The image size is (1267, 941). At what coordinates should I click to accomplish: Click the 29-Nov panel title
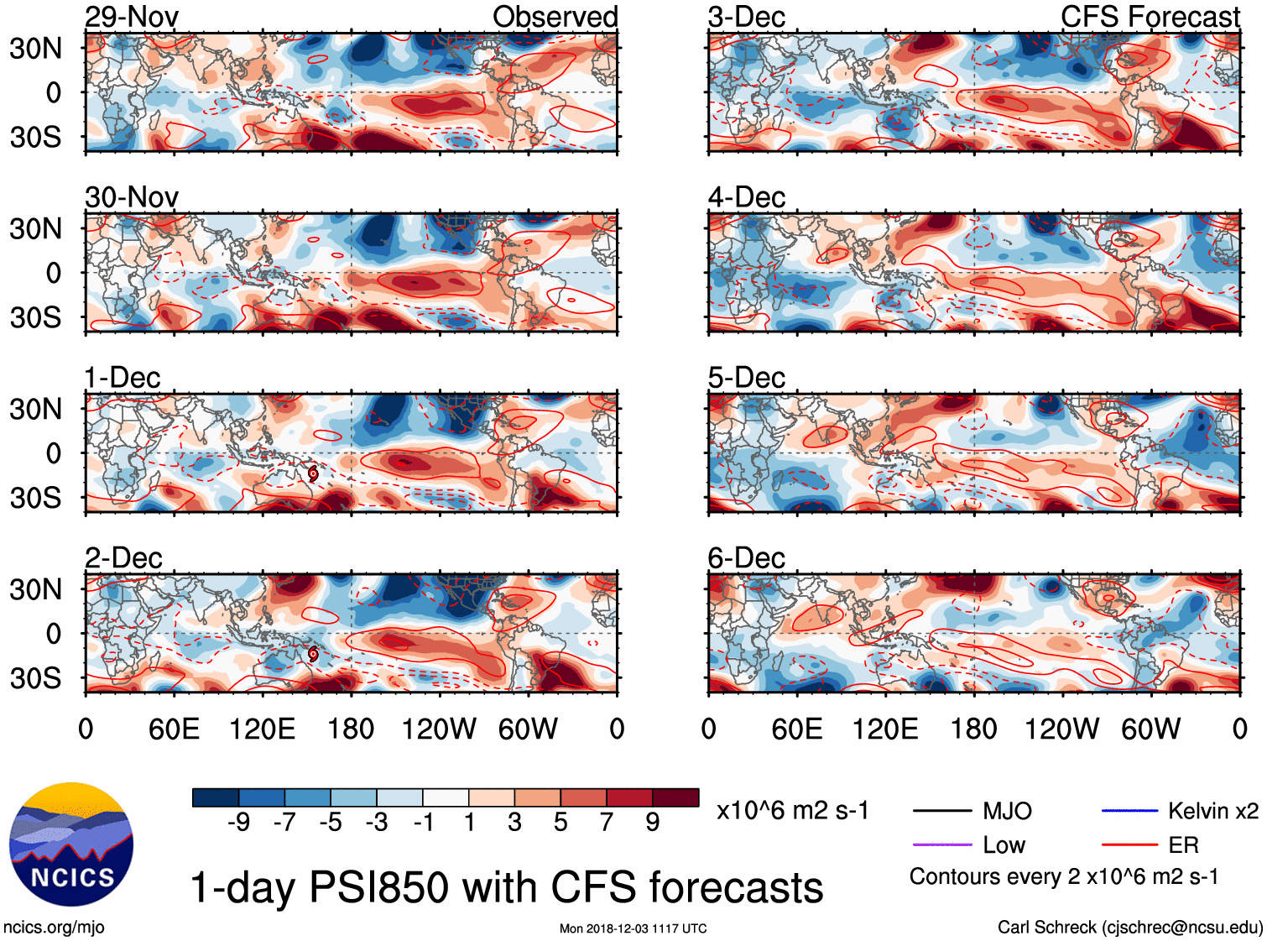coord(132,17)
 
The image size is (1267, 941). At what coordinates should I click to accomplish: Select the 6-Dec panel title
coord(746,558)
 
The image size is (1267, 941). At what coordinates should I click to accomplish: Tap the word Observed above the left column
coord(555,17)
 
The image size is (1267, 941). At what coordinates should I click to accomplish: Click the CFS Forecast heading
coord(1150,17)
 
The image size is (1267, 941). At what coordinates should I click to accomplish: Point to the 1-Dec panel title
coord(123,378)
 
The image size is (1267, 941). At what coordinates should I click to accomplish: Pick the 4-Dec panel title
coord(746,197)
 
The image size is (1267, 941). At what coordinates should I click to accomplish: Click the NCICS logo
coord(71,844)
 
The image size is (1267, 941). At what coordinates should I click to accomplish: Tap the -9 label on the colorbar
coord(238,822)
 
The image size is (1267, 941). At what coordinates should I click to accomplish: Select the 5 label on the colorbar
coord(561,822)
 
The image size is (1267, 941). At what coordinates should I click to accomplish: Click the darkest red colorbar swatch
coord(675,797)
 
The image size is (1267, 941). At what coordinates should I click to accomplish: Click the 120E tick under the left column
coord(262,729)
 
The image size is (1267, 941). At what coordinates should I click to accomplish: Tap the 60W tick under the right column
coord(1150,729)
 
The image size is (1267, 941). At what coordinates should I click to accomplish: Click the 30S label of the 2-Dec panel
coord(35,678)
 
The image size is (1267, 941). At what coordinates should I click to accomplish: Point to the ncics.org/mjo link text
coord(54,927)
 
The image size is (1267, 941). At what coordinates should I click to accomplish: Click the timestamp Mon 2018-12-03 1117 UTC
coord(633,928)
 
